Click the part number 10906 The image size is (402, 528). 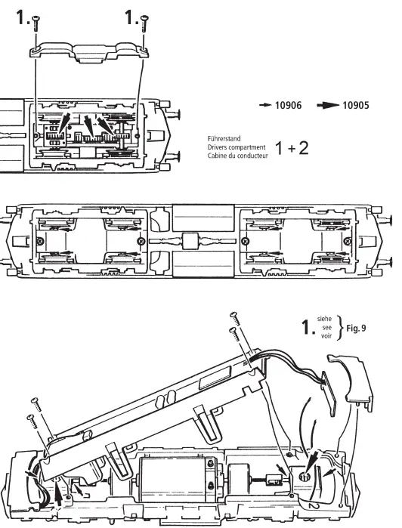tap(287, 106)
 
